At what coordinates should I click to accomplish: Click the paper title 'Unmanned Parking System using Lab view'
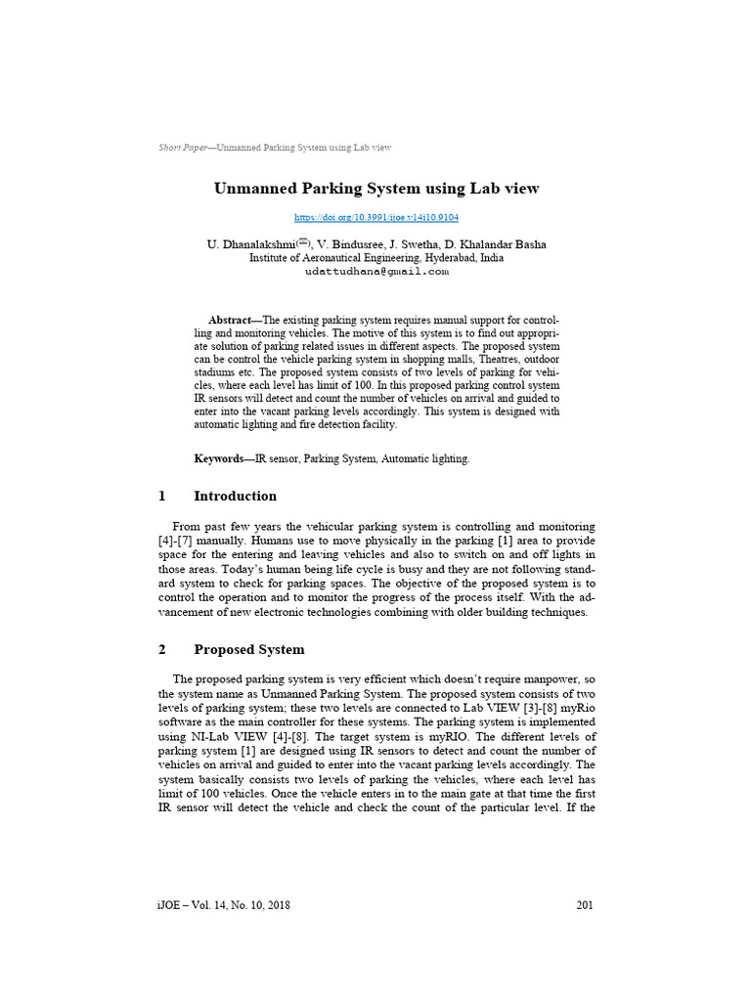coord(376,188)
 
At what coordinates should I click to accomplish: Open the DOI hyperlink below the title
coord(376,218)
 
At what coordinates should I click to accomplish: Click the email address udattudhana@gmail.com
coord(376,272)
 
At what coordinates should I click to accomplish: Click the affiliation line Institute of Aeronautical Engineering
coord(376,258)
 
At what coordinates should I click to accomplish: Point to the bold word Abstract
coord(230,321)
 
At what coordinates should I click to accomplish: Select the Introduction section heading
coord(235,496)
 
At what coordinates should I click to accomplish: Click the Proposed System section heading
coord(248,649)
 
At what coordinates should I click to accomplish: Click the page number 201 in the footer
coord(585,905)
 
